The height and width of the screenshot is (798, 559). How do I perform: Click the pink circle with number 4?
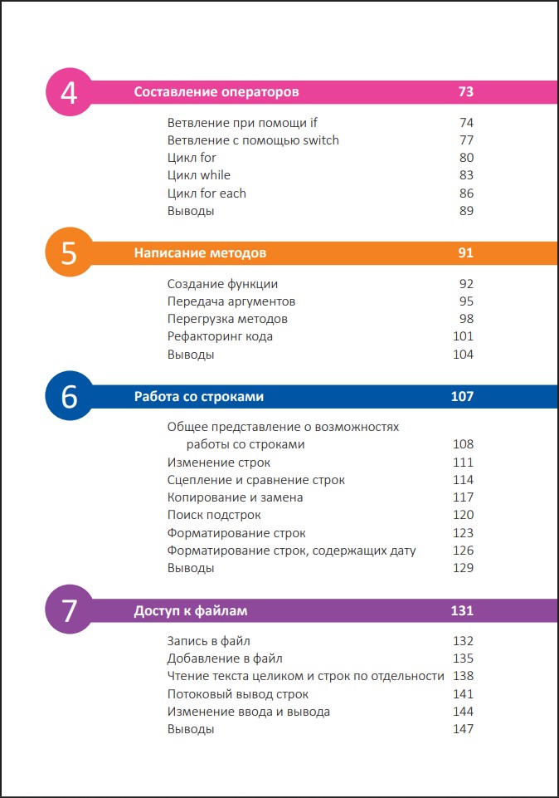tap(70, 92)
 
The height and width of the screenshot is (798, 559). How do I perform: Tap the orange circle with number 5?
tap(70, 252)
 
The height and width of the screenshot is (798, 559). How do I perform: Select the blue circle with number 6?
tap(70, 396)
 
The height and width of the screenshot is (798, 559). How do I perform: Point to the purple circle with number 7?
tap(70, 610)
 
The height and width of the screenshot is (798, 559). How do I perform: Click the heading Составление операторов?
tap(216, 92)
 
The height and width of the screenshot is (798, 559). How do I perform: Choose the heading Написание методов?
tap(200, 253)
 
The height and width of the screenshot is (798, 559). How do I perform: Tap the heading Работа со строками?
tap(199, 396)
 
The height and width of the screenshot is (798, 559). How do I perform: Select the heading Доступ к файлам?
tap(191, 610)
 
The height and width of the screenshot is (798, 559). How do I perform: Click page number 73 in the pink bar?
tap(465, 91)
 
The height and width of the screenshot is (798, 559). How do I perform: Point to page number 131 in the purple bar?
tap(462, 610)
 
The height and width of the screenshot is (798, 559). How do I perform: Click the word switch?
tap(320, 140)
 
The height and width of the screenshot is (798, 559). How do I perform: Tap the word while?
tap(215, 175)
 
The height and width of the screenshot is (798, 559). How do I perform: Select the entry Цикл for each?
tap(207, 193)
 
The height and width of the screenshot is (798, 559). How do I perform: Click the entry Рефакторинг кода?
tap(220, 337)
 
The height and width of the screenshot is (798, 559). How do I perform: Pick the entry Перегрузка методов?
tap(227, 319)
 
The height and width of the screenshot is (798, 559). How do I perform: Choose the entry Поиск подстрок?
tap(214, 515)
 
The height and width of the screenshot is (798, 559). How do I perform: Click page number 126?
tap(463, 551)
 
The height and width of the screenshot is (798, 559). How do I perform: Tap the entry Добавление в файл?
tap(225, 658)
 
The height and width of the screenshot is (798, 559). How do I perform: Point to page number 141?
tap(463, 693)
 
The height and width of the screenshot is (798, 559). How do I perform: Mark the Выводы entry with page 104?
tap(191, 355)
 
